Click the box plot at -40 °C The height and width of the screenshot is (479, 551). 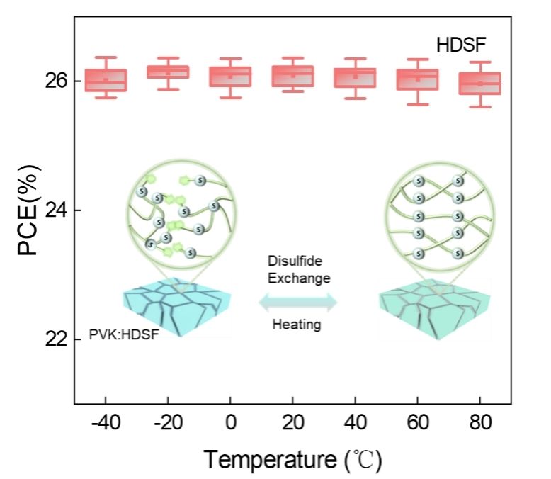coord(106,79)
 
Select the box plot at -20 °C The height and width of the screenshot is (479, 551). coord(168,72)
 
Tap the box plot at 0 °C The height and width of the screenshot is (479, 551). coord(230,76)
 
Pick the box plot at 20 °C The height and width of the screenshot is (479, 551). coord(292,75)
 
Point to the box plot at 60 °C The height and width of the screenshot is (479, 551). coord(417,79)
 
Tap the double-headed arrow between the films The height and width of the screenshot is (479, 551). coord(297,303)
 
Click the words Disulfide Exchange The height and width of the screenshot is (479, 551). coord(298,270)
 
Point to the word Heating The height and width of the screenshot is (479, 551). coord(297,325)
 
